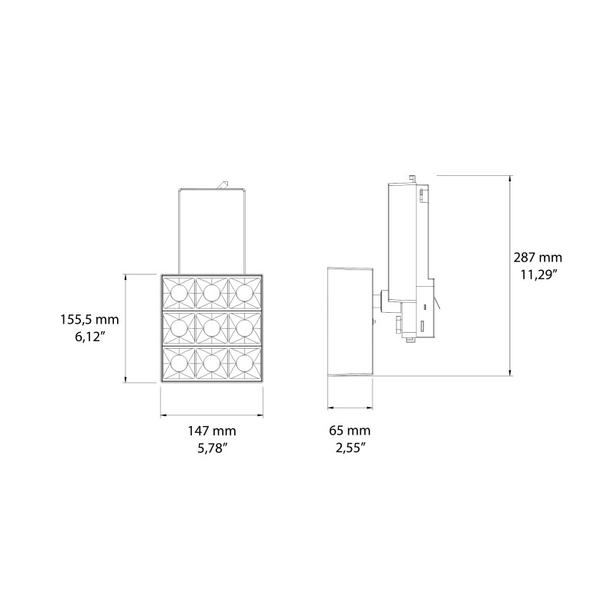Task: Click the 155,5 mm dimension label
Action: point(90,319)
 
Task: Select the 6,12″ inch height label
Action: point(90,338)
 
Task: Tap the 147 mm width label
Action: point(212,431)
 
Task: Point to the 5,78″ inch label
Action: point(212,449)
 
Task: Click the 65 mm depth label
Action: point(350,431)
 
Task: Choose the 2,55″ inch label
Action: point(350,449)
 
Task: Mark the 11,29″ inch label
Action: point(538,275)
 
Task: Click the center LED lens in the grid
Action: point(212,327)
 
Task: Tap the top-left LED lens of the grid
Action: point(178,292)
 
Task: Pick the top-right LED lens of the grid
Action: point(245,292)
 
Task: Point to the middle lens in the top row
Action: point(212,292)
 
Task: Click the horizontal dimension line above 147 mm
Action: point(212,415)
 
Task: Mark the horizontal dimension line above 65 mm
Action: point(350,406)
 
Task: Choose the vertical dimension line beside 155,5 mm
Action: point(126,329)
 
